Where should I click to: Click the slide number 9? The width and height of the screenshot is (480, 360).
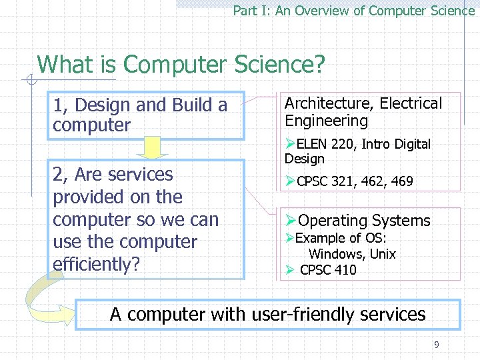click(x=437, y=345)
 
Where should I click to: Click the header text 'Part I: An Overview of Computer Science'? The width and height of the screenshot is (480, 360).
click(x=353, y=11)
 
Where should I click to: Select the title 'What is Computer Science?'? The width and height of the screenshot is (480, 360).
click(x=181, y=65)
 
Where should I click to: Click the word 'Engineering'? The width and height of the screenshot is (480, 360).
click(x=326, y=121)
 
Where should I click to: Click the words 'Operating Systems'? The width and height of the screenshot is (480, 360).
click(x=364, y=221)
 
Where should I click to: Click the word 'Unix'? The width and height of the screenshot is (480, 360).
click(x=383, y=254)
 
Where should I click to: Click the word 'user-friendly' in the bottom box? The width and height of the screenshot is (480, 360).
click(x=303, y=314)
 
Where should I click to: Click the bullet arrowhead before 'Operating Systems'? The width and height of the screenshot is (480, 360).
click(x=289, y=221)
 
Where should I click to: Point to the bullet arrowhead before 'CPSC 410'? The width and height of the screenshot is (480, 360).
click(x=289, y=270)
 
